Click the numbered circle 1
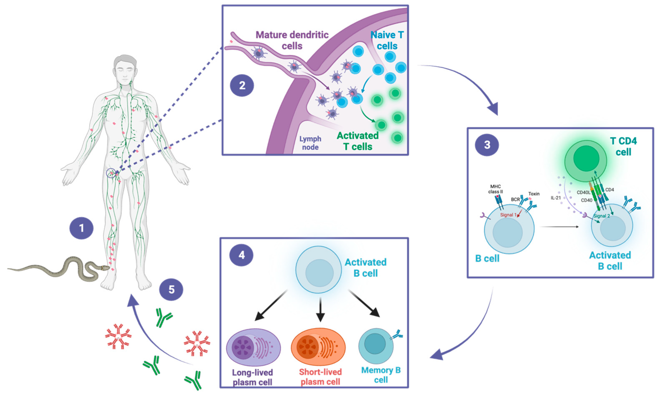click(x=81, y=228)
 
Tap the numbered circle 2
click(x=242, y=85)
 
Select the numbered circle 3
click(x=487, y=145)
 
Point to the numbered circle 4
click(x=241, y=255)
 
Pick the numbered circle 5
click(x=171, y=290)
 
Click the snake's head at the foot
click(x=105, y=268)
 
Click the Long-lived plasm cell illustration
click(x=253, y=347)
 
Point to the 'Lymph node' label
click(x=310, y=143)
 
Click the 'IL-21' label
click(x=556, y=198)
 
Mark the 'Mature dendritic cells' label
click(x=292, y=40)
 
